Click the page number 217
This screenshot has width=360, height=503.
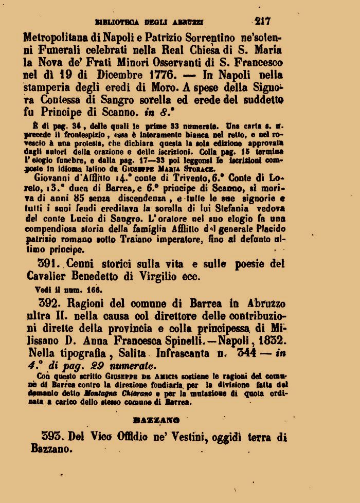(262, 21)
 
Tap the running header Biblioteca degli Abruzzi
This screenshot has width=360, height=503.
(150, 22)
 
